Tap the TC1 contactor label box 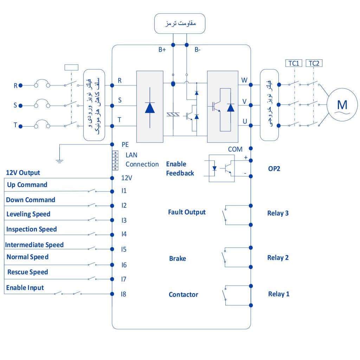(294, 63)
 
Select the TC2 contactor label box (314, 63)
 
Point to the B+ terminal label (162, 50)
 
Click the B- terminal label (198, 50)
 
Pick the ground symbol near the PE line (60, 161)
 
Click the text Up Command (27, 185)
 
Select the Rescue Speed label (28, 272)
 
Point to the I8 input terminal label (123, 294)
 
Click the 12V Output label (23, 173)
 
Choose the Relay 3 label (278, 213)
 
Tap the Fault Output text (187, 212)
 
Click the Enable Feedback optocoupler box (221, 168)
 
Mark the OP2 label (274, 168)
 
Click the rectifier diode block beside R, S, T (150, 107)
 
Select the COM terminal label (235, 149)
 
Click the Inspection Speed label (32, 229)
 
